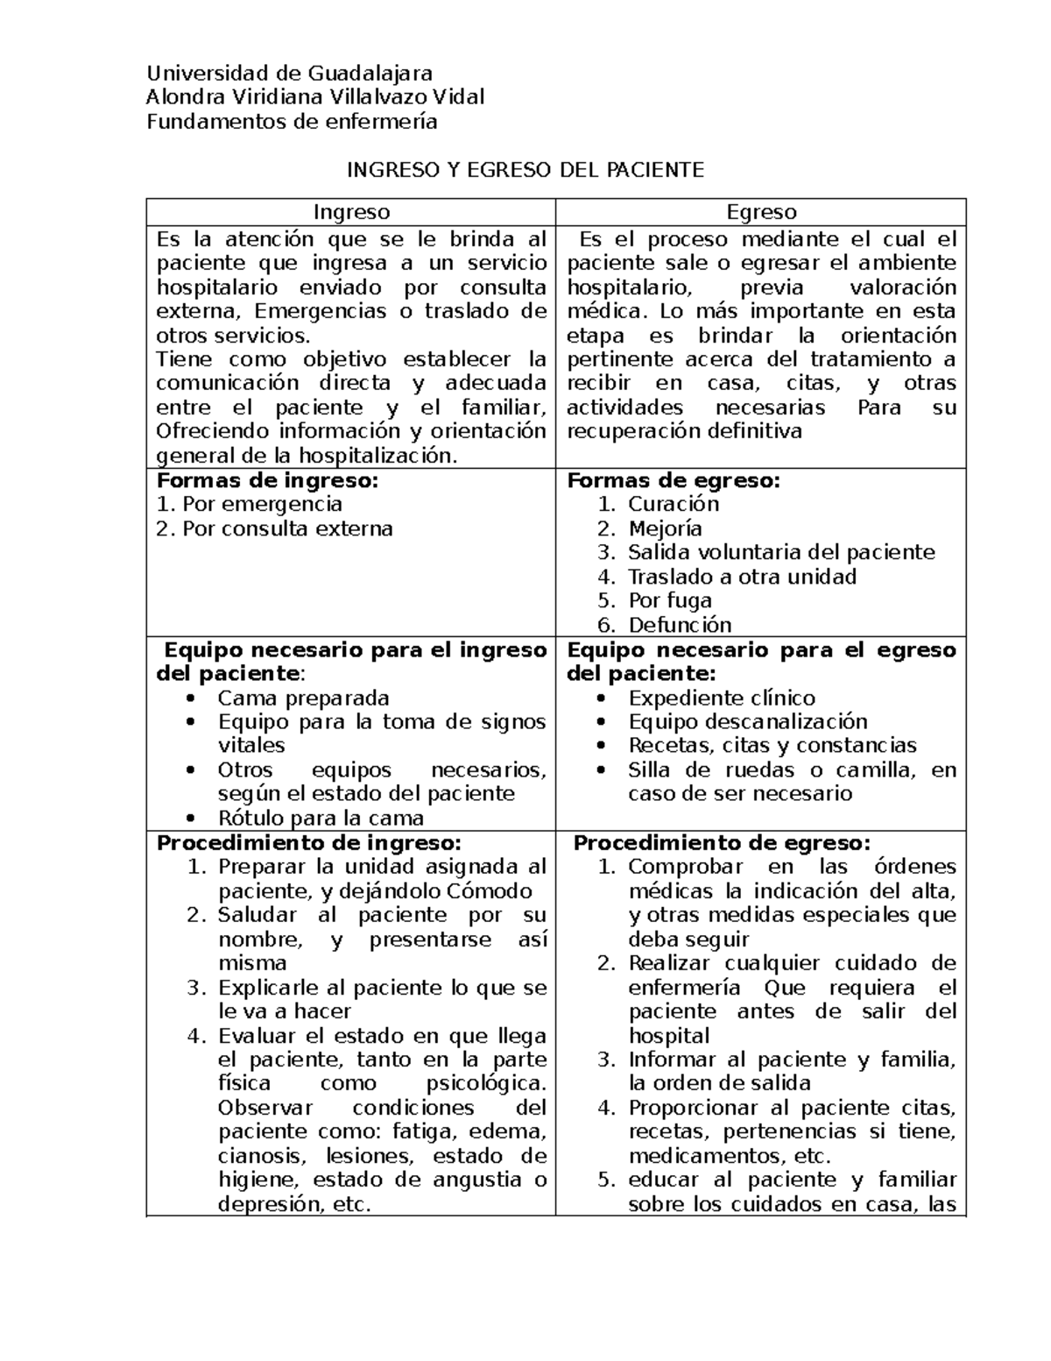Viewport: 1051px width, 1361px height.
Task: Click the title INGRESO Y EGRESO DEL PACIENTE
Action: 525,170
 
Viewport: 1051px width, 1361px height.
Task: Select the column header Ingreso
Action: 351,212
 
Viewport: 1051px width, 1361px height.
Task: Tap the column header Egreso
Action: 761,212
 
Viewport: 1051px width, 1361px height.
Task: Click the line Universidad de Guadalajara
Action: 289,73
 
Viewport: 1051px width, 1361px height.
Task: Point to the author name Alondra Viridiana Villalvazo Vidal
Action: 315,96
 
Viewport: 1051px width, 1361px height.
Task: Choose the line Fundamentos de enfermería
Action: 292,121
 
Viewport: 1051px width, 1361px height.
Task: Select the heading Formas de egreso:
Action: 674,480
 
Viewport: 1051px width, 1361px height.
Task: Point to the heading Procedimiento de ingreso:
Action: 307,843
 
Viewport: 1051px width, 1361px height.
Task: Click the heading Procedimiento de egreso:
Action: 722,843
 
